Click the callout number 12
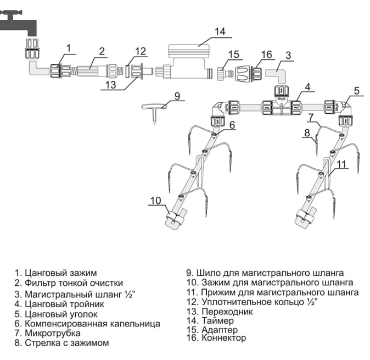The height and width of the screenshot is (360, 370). coord(141,52)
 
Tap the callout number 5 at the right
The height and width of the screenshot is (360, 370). coord(356,91)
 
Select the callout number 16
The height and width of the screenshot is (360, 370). coord(267,55)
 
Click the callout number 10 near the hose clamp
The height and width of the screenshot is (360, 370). coord(156,201)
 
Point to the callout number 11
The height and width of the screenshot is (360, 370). coord(341,164)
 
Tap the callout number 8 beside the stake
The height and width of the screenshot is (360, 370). coord(307,132)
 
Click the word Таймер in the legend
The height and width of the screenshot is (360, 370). coord(218,320)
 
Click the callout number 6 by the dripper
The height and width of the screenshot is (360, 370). coord(232,125)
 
